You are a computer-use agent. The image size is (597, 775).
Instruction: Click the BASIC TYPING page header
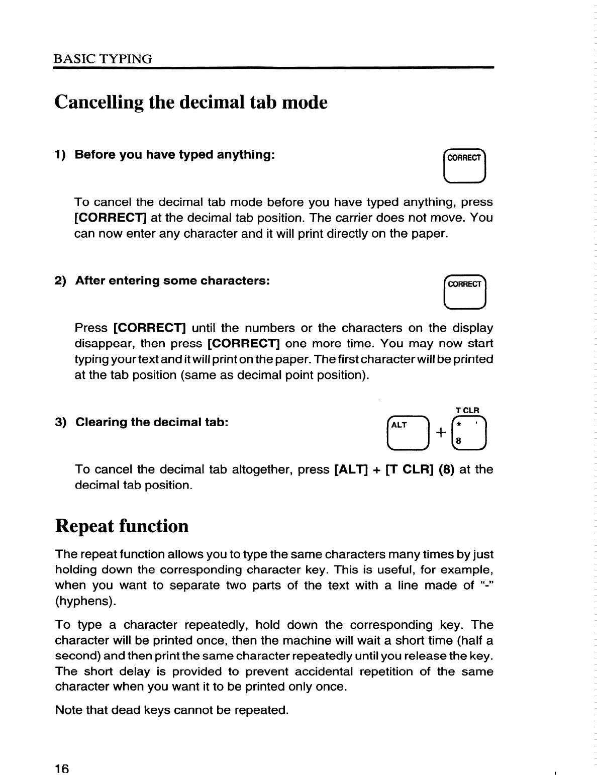[103, 59]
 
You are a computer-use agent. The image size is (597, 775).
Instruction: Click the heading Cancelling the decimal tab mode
[191, 103]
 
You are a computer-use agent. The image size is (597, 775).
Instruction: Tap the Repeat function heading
[122, 526]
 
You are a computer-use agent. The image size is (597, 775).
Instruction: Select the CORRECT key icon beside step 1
[464, 165]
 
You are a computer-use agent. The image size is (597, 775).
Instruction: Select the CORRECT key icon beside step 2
[464, 292]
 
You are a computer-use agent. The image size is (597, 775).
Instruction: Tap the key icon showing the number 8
[468, 433]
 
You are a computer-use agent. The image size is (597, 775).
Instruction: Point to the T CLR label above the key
[467, 410]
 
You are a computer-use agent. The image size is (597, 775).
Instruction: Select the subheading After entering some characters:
[173, 280]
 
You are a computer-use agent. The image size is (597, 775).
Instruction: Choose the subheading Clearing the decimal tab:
[152, 422]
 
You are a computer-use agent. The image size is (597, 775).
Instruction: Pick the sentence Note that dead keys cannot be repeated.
[171, 710]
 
